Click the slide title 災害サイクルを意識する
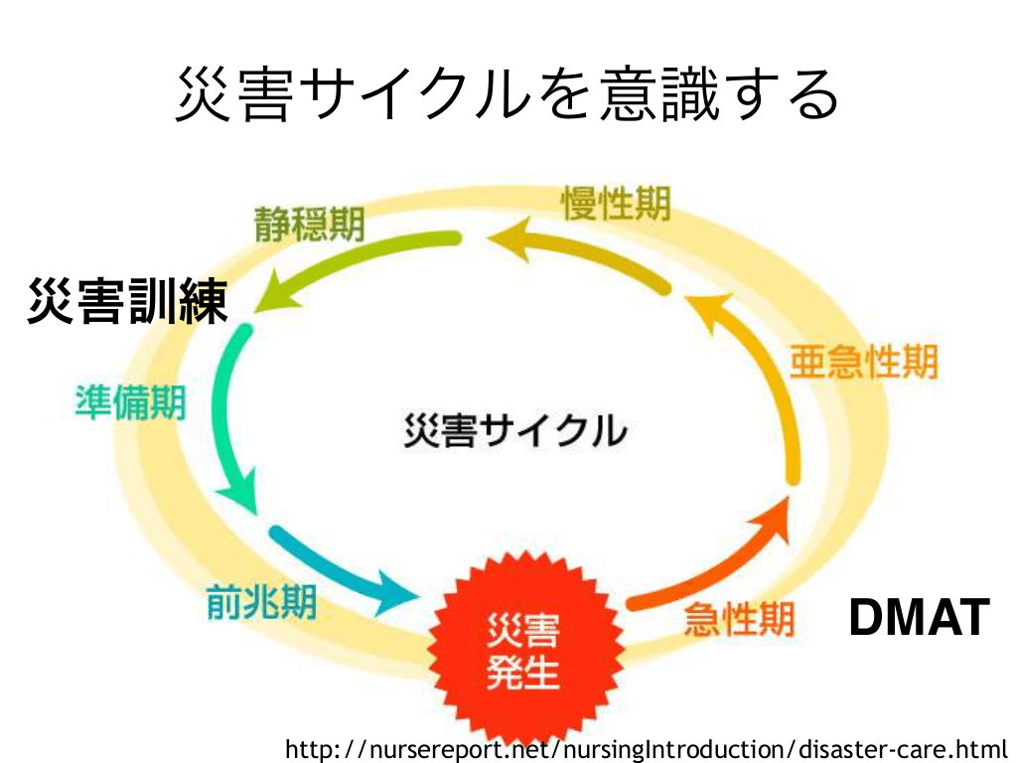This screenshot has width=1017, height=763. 508,95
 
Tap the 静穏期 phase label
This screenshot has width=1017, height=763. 309,224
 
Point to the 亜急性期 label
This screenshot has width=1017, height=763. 863,362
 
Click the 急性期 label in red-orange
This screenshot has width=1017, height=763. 739,620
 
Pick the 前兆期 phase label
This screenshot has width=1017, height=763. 261,601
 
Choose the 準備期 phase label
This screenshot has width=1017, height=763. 130,401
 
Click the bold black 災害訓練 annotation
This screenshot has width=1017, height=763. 128,301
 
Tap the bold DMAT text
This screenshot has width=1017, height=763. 919,617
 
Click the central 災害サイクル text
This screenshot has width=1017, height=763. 515,430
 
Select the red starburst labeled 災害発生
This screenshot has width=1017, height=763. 522,649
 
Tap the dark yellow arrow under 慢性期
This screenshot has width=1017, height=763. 586,253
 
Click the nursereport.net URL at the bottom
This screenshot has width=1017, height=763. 646,748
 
